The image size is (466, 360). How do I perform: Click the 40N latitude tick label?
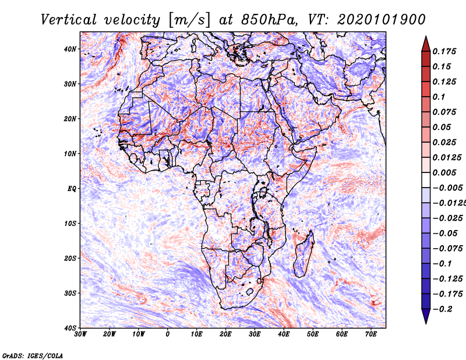[x=70, y=49]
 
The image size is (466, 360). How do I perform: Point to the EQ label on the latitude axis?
[x=72, y=189]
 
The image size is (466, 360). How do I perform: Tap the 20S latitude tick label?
[x=70, y=258]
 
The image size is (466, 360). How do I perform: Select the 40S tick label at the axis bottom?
[x=70, y=328]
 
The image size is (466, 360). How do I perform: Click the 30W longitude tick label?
[x=80, y=334]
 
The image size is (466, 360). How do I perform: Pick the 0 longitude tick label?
[x=168, y=334]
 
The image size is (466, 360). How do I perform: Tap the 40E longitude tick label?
[x=284, y=334]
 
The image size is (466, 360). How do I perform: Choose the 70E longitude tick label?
[x=371, y=334]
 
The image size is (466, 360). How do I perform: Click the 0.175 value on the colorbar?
[x=444, y=51]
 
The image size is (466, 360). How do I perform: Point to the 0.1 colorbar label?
[x=439, y=97]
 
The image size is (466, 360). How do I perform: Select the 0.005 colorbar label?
[x=444, y=172]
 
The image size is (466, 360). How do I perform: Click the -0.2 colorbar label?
[x=442, y=309]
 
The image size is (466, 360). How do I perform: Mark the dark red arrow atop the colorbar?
[x=426, y=44]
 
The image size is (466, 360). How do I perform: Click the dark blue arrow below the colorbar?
[x=426, y=316]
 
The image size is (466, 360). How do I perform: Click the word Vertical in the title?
[x=69, y=20]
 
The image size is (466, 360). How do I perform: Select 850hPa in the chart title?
[x=269, y=20]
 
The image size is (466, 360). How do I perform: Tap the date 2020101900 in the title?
[x=382, y=20]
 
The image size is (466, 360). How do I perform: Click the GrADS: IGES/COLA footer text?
[x=33, y=355]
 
